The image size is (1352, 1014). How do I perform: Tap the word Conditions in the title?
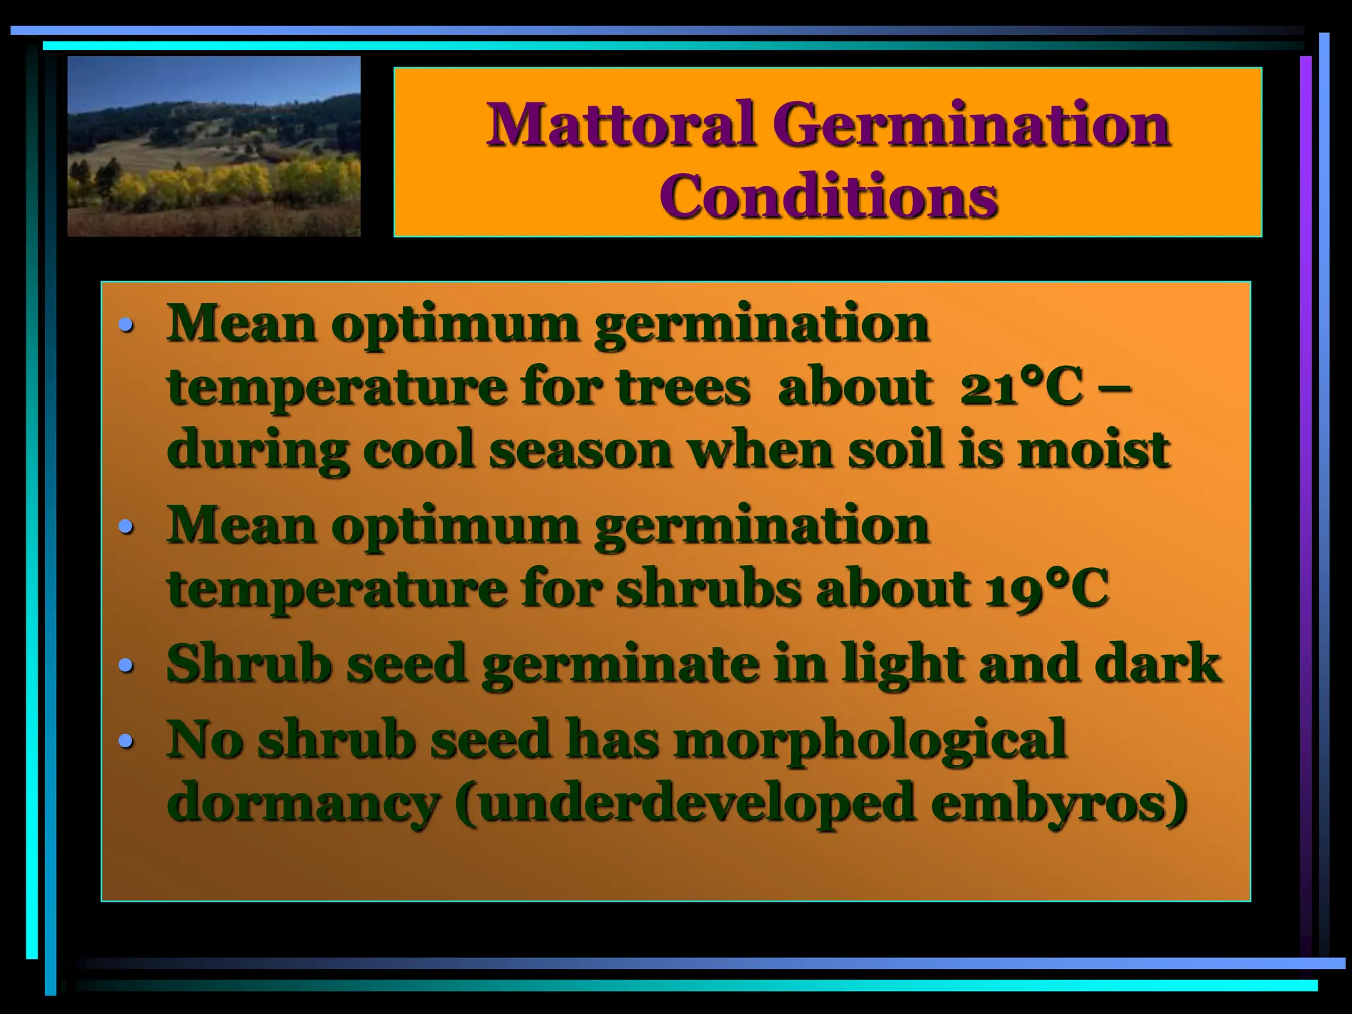coord(828,196)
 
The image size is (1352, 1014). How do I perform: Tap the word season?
coord(580,450)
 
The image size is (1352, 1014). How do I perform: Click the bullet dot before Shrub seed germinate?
coord(125,665)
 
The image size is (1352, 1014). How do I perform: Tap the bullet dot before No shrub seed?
coord(125,741)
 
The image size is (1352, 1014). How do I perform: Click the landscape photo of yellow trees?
coord(214,147)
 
